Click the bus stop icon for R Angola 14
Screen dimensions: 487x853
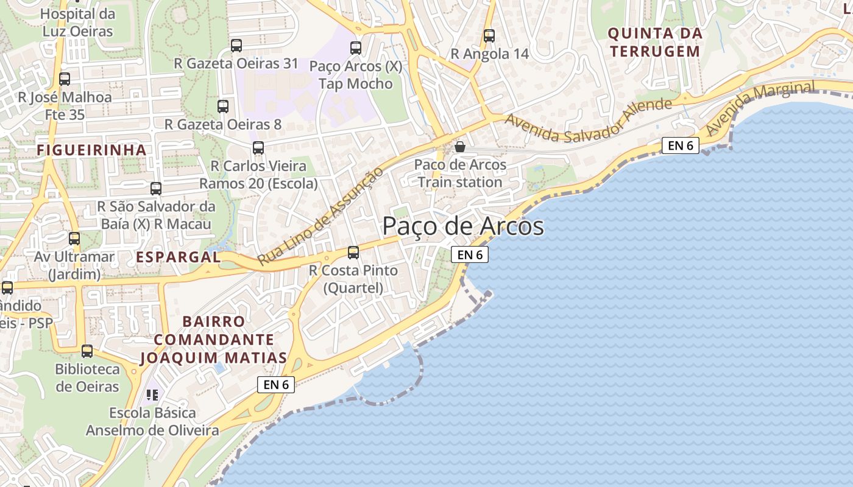click(489, 36)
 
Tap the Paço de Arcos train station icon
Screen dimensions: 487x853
click(460, 147)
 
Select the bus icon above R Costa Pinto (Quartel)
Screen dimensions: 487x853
click(353, 252)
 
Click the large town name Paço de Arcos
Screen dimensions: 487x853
click(463, 226)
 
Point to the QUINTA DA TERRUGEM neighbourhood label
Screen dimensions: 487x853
click(655, 43)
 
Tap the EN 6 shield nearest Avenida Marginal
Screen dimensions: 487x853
click(680, 145)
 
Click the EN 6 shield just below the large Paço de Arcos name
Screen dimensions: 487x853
click(469, 254)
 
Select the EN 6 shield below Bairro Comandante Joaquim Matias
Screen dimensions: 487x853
click(276, 385)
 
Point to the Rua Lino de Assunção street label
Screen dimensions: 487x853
click(320, 215)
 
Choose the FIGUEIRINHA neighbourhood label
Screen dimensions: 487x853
click(91, 150)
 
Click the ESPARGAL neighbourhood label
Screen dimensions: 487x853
click(178, 257)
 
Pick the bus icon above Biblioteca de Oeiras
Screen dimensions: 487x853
click(87, 351)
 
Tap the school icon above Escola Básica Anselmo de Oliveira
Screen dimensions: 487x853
click(152, 395)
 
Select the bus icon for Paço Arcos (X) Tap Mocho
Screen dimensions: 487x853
click(355, 47)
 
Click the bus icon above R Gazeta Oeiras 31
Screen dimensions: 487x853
click(236, 45)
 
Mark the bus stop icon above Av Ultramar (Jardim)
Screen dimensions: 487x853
click(74, 239)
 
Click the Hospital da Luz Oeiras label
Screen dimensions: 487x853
click(77, 23)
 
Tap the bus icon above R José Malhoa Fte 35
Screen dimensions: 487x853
click(65, 79)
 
